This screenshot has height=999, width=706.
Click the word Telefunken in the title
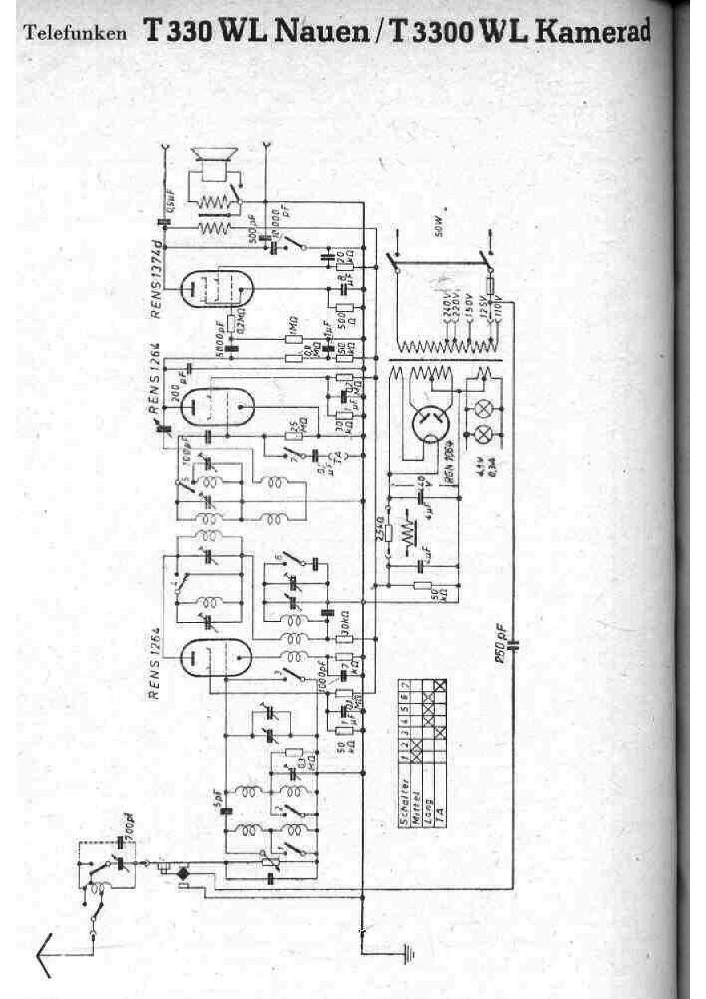click(75, 34)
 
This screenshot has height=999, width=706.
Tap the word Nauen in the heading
click(321, 31)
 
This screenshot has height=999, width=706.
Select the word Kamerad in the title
click(593, 31)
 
